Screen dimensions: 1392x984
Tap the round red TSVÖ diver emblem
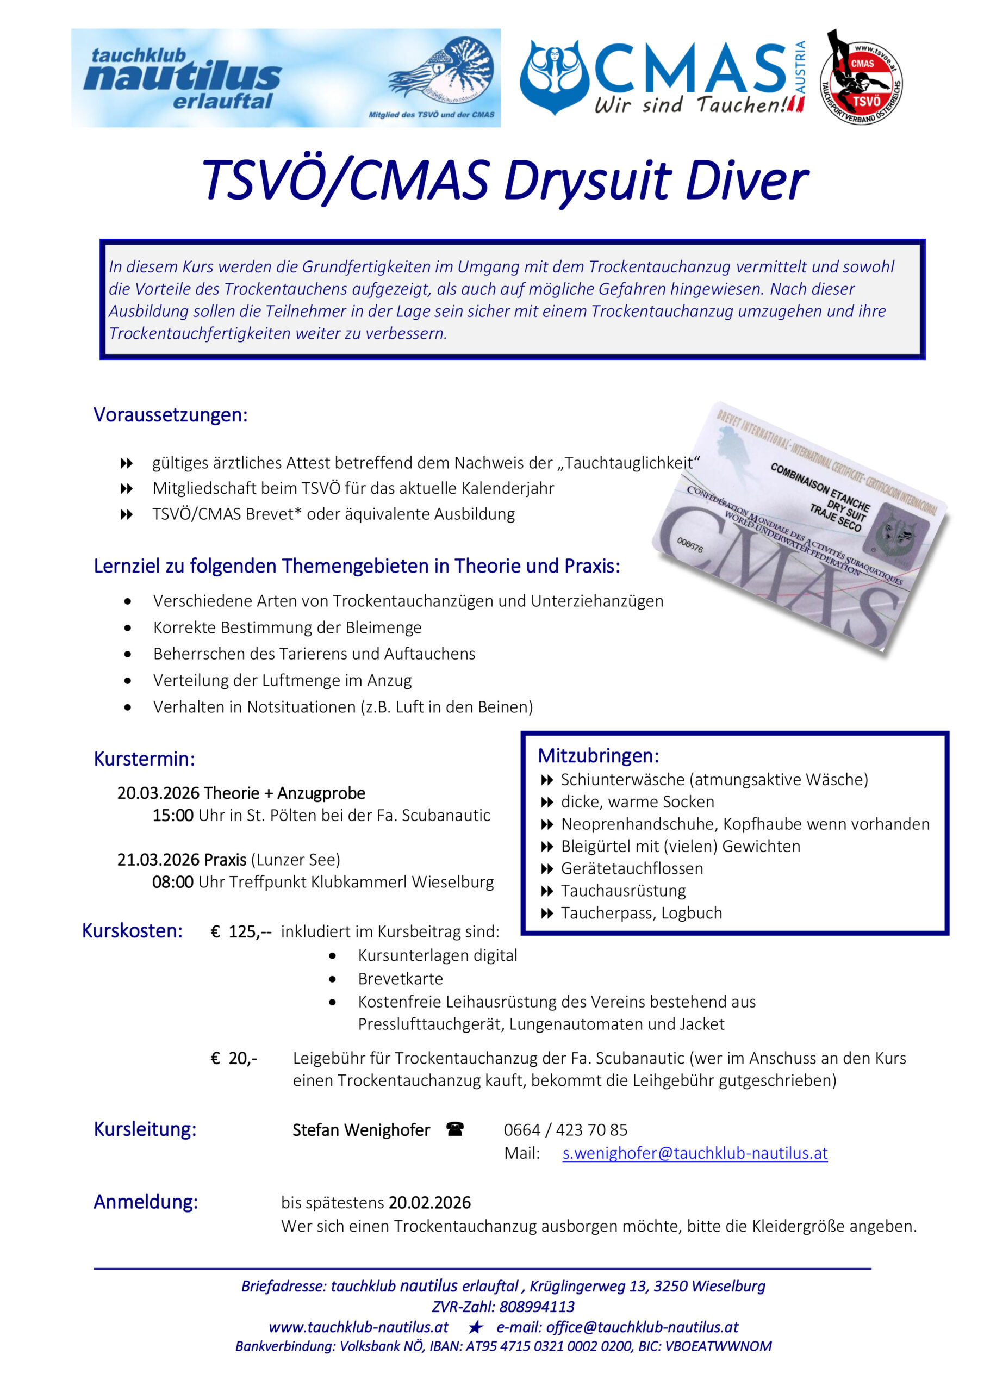tap(862, 78)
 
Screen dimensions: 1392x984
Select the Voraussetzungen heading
tap(170, 415)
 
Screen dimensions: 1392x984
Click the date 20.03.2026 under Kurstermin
tap(158, 793)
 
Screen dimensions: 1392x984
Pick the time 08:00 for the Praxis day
tap(173, 882)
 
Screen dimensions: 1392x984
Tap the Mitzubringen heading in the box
tap(598, 756)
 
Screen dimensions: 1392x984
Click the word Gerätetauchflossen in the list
tap(632, 868)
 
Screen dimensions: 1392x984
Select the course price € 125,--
tap(241, 931)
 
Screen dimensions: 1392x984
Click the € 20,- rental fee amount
tap(233, 1059)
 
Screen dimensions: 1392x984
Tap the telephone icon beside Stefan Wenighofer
tap(454, 1129)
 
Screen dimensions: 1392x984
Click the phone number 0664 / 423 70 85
tap(565, 1129)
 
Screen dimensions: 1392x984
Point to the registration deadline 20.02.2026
tap(429, 1202)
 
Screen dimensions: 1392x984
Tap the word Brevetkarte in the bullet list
tap(400, 979)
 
